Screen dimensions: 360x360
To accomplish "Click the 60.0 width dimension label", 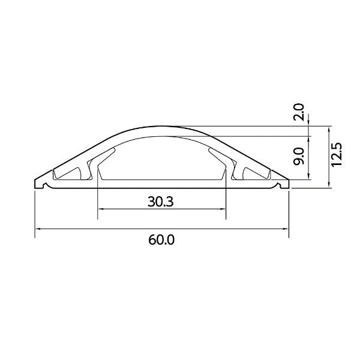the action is (x=161, y=240).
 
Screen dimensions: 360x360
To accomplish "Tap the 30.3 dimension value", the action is (x=160, y=202).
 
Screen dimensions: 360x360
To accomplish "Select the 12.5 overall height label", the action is (x=337, y=155).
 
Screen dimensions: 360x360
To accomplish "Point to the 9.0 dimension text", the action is (x=299, y=156).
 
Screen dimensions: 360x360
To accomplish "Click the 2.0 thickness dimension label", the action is (x=299, y=112).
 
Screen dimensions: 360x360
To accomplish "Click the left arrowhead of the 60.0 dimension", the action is (x=38, y=229).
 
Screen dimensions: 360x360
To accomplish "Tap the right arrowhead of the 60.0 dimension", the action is (x=286, y=229).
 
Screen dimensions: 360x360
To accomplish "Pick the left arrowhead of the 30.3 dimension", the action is (x=101, y=209).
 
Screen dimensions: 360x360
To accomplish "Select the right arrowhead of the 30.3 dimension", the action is (x=223, y=209).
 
